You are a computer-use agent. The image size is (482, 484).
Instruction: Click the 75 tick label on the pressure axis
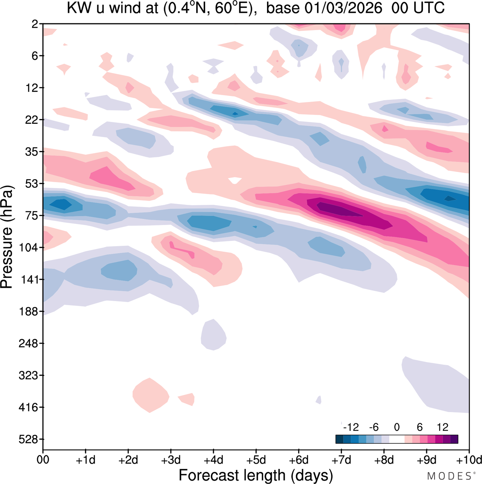tap(31, 216)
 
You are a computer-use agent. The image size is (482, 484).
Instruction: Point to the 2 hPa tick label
tap(35, 24)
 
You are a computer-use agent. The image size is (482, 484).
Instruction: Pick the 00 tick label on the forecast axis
tap(43, 460)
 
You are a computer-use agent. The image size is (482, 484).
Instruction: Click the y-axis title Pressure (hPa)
tap(7, 237)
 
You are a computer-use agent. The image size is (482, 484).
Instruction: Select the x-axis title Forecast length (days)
tap(256, 475)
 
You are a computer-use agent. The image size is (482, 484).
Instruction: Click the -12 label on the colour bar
tap(351, 427)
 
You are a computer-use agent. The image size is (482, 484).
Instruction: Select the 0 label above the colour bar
tap(397, 427)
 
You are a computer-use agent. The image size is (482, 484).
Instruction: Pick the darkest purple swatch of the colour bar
tap(454, 439)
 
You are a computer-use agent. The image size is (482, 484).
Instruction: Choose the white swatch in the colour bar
tap(397, 439)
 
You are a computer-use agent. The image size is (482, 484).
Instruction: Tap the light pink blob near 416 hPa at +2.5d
tap(151, 395)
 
